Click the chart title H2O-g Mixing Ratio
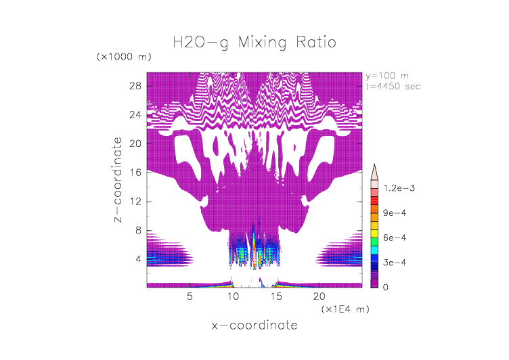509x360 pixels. (x=254, y=43)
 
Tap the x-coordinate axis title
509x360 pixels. (x=254, y=325)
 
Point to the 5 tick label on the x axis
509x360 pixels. (x=190, y=296)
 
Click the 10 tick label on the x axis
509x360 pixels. (x=233, y=296)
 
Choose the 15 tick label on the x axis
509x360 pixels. (x=275, y=296)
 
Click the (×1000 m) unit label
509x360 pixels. (x=125, y=56)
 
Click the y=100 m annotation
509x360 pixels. (x=386, y=75)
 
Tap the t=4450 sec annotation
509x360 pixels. (x=392, y=86)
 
